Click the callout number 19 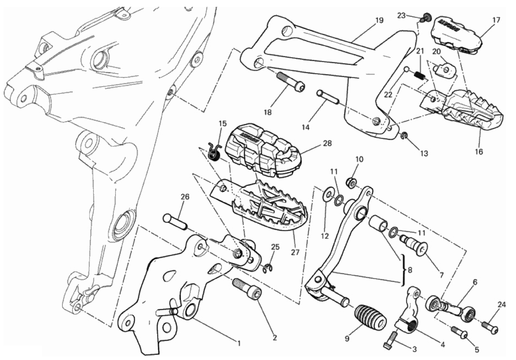tap(379, 20)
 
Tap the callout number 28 tap(327, 143)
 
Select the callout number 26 tap(185, 197)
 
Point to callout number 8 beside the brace tap(410, 270)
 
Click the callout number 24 tap(501, 305)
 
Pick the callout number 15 tap(223, 123)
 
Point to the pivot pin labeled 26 tap(175, 222)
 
